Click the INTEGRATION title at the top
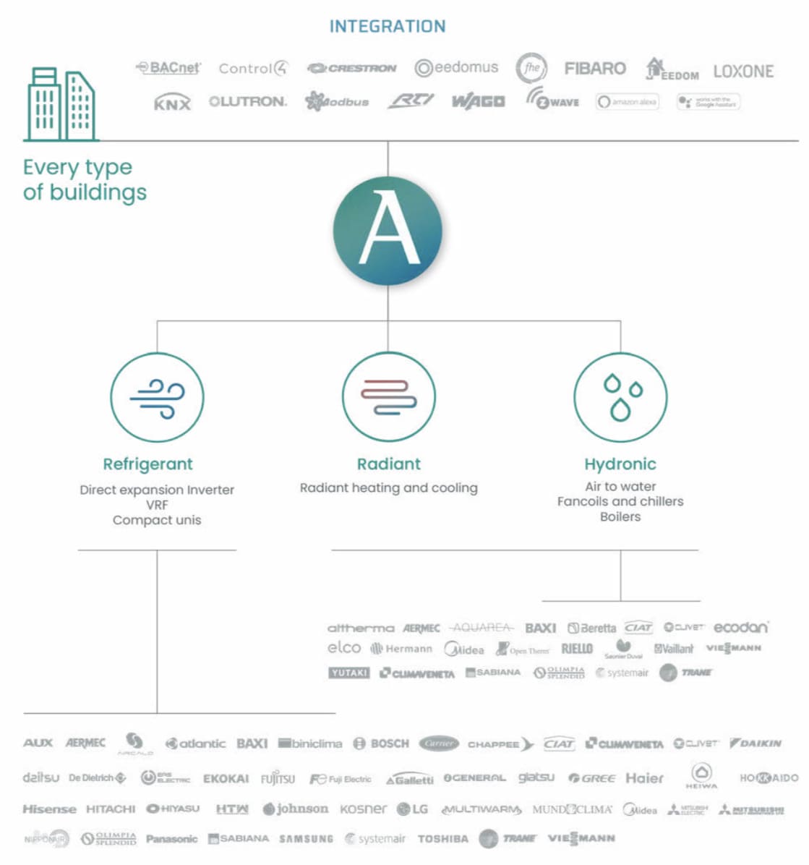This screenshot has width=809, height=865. (388, 27)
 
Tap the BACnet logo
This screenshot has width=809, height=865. (168, 68)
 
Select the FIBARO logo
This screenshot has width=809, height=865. (594, 69)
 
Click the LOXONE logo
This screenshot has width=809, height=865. (743, 71)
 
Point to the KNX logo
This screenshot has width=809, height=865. (172, 103)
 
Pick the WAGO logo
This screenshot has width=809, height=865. (478, 102)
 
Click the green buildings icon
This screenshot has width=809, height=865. (61, 104)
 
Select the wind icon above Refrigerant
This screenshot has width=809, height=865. (157, 397)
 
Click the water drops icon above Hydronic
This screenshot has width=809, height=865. (620, 397)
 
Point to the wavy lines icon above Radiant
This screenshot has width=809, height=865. (388, 397)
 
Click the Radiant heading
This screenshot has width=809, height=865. (388, 464)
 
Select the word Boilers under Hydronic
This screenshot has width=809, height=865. (620, 516)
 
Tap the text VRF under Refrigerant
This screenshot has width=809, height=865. (157, 505)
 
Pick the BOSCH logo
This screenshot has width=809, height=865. (382, 743)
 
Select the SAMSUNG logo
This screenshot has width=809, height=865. (307, 839)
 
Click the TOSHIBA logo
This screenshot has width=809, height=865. (443, 839)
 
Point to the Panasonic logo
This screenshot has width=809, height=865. (171, 839)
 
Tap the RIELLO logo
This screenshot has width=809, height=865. (577, 649)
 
